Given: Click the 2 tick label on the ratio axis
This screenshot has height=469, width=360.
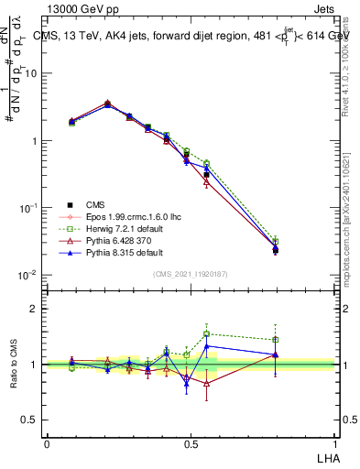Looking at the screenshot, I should [x=35, y=309].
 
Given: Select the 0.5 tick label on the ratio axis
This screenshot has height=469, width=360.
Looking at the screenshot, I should [x=30, y=420].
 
